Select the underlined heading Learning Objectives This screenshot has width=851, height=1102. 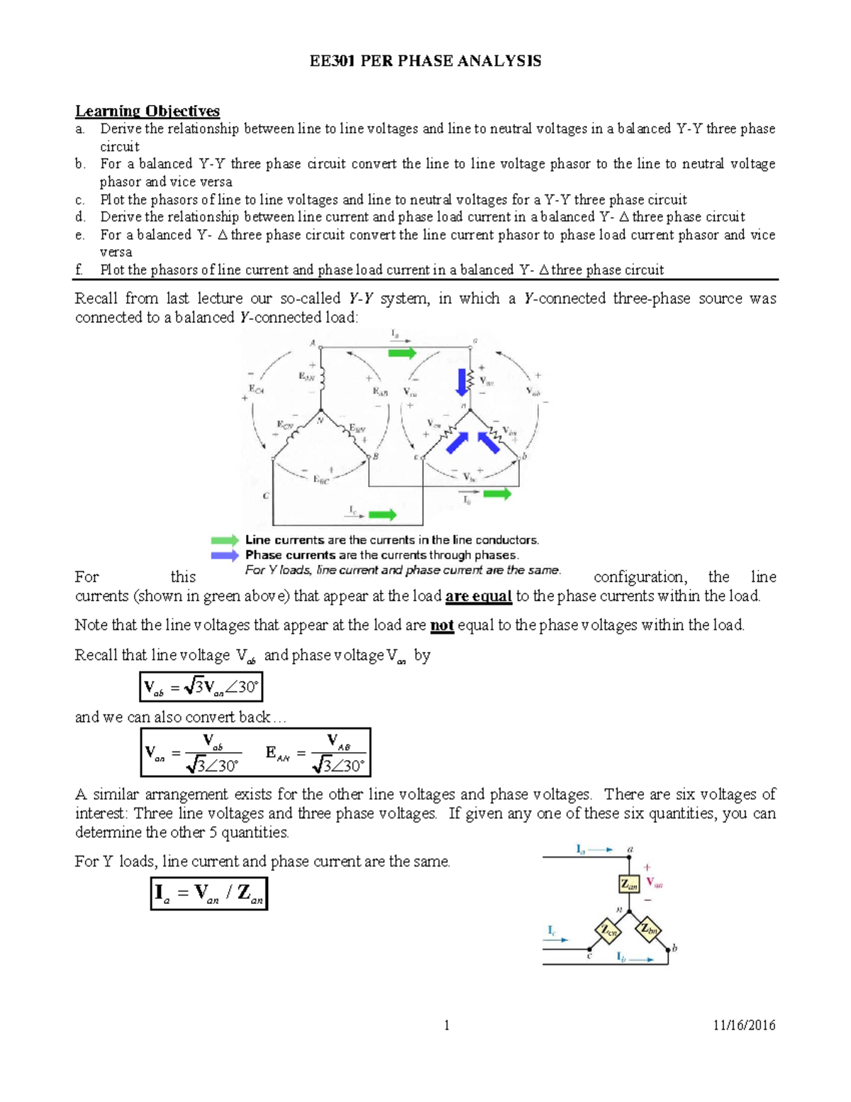click(148, 111)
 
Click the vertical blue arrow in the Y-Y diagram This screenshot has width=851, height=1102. click(462, 382)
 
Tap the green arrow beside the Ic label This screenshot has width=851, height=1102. click(382, 514)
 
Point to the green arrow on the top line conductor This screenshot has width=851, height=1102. click(402, 353)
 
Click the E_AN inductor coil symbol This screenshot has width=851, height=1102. click(322, 378)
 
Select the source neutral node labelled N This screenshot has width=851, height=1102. click(321, 411)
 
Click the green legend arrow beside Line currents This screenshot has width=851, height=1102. click(225, 541)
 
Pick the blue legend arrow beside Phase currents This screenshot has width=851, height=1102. click(225, 556)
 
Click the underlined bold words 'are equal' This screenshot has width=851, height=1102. click(478, 596)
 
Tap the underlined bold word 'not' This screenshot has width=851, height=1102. click(442, 625)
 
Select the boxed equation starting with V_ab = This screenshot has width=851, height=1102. click(201, 687)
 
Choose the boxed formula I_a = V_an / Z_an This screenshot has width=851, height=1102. click(208, 893)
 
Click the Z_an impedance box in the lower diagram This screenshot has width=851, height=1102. click(629, 883)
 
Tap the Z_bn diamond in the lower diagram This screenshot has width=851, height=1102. click(648, 929)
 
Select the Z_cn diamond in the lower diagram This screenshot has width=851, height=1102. click(608, 930)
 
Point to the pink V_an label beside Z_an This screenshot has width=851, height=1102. click(654, 883)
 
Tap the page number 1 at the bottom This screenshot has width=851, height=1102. click(446, 1025)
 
